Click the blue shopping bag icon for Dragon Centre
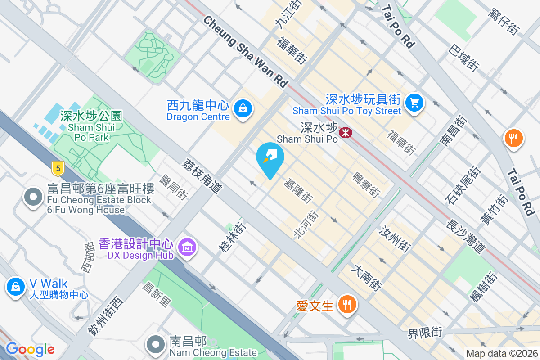click(x=243, y=108)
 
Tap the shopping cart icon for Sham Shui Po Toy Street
click(x=414, y=103)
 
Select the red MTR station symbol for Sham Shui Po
click(x=346, y=132)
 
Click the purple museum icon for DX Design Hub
click(x=187, y=247)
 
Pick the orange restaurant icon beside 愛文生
click(x=346, y=305)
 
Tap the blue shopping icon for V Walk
click(x=16, y=286)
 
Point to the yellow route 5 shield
click(x=57, y=169)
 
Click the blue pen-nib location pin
click(x=270, y=158)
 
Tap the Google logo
click(x=30, y=349)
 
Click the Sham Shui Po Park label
click(x=89, y=126)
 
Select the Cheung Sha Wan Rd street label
click(x=246, y=52)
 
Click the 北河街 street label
click(x=306, y=225)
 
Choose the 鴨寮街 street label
click(x=365, y=184)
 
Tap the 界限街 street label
click(x=425, y=333)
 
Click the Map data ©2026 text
click(x=502, y=354)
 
